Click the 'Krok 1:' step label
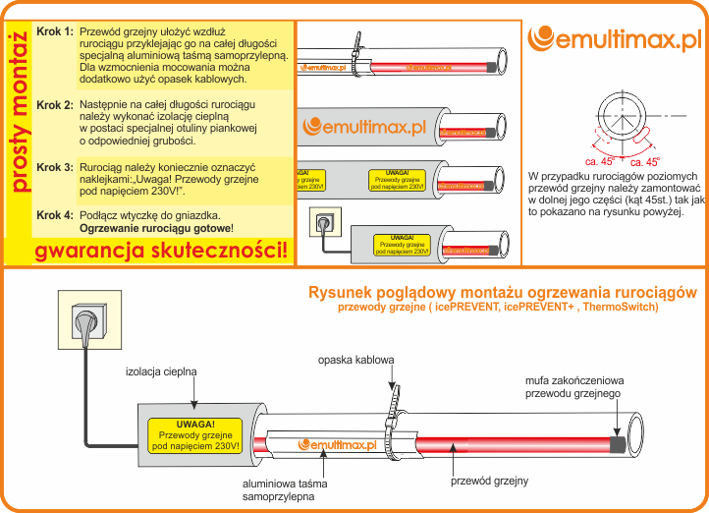[x=55, y=32]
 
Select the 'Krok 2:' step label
[x=55, y=105]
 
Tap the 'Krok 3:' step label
[x=55, y=168]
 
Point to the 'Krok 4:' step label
[x=55, y=215]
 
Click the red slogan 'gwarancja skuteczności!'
[x=162, y=251]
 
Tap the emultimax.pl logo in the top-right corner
[x=615, y=40]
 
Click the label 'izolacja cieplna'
[x=162, y=372]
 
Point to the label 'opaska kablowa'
[x=355, y=360]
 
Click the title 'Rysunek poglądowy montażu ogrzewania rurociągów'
[x=503, y=293]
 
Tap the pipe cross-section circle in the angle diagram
[x=623, y=114]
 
